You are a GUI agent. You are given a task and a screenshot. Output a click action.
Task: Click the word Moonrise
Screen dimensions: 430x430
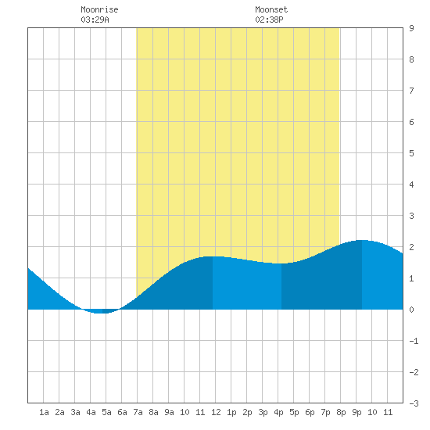[99, 9]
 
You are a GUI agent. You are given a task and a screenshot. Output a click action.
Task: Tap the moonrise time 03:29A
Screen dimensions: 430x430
[95, 20]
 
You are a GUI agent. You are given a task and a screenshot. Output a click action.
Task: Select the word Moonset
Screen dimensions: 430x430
[271, 9]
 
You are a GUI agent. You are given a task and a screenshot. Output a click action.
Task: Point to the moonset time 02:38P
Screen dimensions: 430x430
[269, 20]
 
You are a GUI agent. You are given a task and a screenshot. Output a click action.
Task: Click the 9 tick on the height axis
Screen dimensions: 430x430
[411, 28]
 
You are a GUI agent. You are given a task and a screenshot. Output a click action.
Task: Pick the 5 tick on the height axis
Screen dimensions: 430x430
[411, 153]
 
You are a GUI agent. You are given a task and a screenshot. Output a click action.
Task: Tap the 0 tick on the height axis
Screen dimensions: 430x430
[411, 310]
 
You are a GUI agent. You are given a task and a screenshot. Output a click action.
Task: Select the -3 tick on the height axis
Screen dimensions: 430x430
[414, 403]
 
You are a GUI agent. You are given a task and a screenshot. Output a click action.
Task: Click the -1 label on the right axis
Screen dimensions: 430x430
[414, 341]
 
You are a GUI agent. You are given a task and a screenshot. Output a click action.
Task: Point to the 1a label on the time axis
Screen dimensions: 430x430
[44, 412]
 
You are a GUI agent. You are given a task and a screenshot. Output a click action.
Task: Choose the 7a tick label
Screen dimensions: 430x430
[138, 412]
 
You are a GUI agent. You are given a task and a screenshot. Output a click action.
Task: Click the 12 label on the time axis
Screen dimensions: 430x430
[216, 412]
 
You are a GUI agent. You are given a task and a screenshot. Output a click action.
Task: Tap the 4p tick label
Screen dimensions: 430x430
[278, 412]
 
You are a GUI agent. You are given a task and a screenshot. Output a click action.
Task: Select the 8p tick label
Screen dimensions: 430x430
[341, 412]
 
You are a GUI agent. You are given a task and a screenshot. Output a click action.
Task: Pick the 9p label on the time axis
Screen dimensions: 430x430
[357, 412]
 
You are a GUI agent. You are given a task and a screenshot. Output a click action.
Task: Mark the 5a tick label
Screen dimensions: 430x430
[106, 412]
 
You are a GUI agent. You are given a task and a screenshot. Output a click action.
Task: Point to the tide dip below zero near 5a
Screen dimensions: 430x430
[100, 313]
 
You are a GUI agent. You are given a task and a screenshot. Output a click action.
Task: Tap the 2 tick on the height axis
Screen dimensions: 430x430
[411, 247]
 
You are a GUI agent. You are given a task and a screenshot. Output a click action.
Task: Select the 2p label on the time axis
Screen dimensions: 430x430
[247, 412]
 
